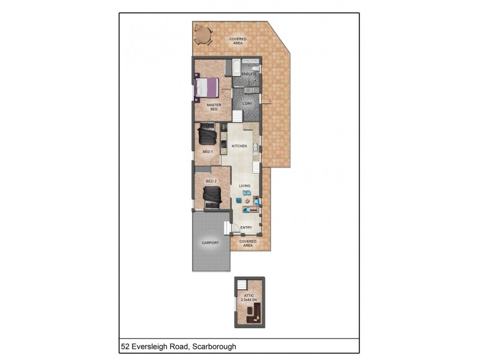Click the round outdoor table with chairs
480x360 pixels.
pos(203,35)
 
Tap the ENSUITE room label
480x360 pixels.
pos(249,74)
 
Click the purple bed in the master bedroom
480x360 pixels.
pos(206,88)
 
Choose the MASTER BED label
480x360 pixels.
pos(214,107)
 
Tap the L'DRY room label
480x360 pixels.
pos(247,104)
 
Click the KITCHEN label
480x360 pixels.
pos(239,146)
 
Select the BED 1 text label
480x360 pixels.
pos(208,152)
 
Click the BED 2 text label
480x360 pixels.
pos(211,181)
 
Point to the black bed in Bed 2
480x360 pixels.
pos(212,196)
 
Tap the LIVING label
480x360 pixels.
pos(244,186)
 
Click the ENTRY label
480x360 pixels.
pos(246,228)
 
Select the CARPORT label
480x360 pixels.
pos(210,243)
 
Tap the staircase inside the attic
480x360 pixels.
pos(242,285)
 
